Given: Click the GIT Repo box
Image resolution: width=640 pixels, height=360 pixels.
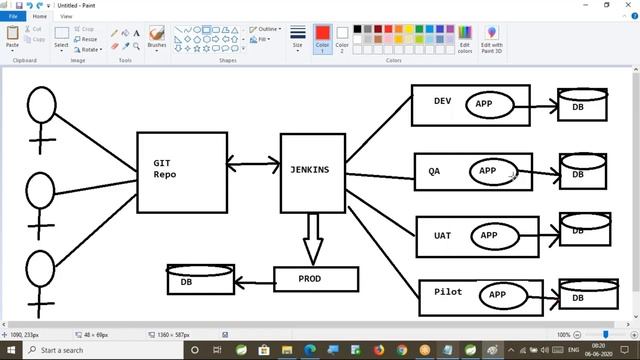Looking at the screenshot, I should pos(181,172).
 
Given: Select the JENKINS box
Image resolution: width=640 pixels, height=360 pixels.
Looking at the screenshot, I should pos(312,173).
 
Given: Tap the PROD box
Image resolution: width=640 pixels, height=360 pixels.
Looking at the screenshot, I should pos(314,279).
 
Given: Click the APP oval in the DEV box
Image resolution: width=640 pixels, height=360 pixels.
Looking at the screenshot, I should pos(490,104).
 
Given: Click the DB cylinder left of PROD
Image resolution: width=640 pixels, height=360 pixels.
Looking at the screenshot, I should pos(200,280).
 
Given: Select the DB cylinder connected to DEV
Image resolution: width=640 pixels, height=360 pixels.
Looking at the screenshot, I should pos(582,105).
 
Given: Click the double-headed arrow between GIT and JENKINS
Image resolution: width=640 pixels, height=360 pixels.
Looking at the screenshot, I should pos(253,162).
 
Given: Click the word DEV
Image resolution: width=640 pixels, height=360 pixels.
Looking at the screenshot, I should pos(442,100).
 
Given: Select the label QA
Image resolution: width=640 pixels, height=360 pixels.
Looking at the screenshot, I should pos(434,171).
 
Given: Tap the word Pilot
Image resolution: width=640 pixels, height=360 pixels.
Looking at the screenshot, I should pos(448,291).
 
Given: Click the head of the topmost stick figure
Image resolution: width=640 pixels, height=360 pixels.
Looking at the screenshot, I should pos(41,104).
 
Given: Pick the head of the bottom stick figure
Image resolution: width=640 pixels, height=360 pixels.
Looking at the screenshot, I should pos(41,269).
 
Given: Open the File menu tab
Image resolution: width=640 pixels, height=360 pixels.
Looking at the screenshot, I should pos(13,16).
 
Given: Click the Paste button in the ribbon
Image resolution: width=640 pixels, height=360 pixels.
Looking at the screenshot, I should pos(12,37).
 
